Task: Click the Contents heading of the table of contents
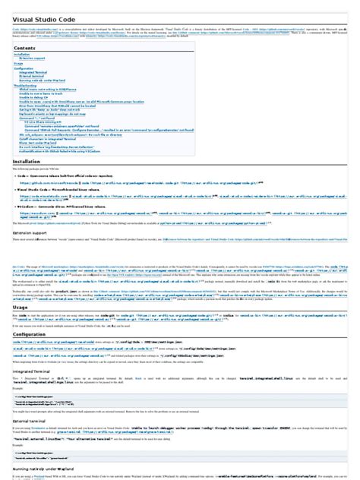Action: [x=25, y=49]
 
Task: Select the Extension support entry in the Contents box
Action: [x=34, y=59]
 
